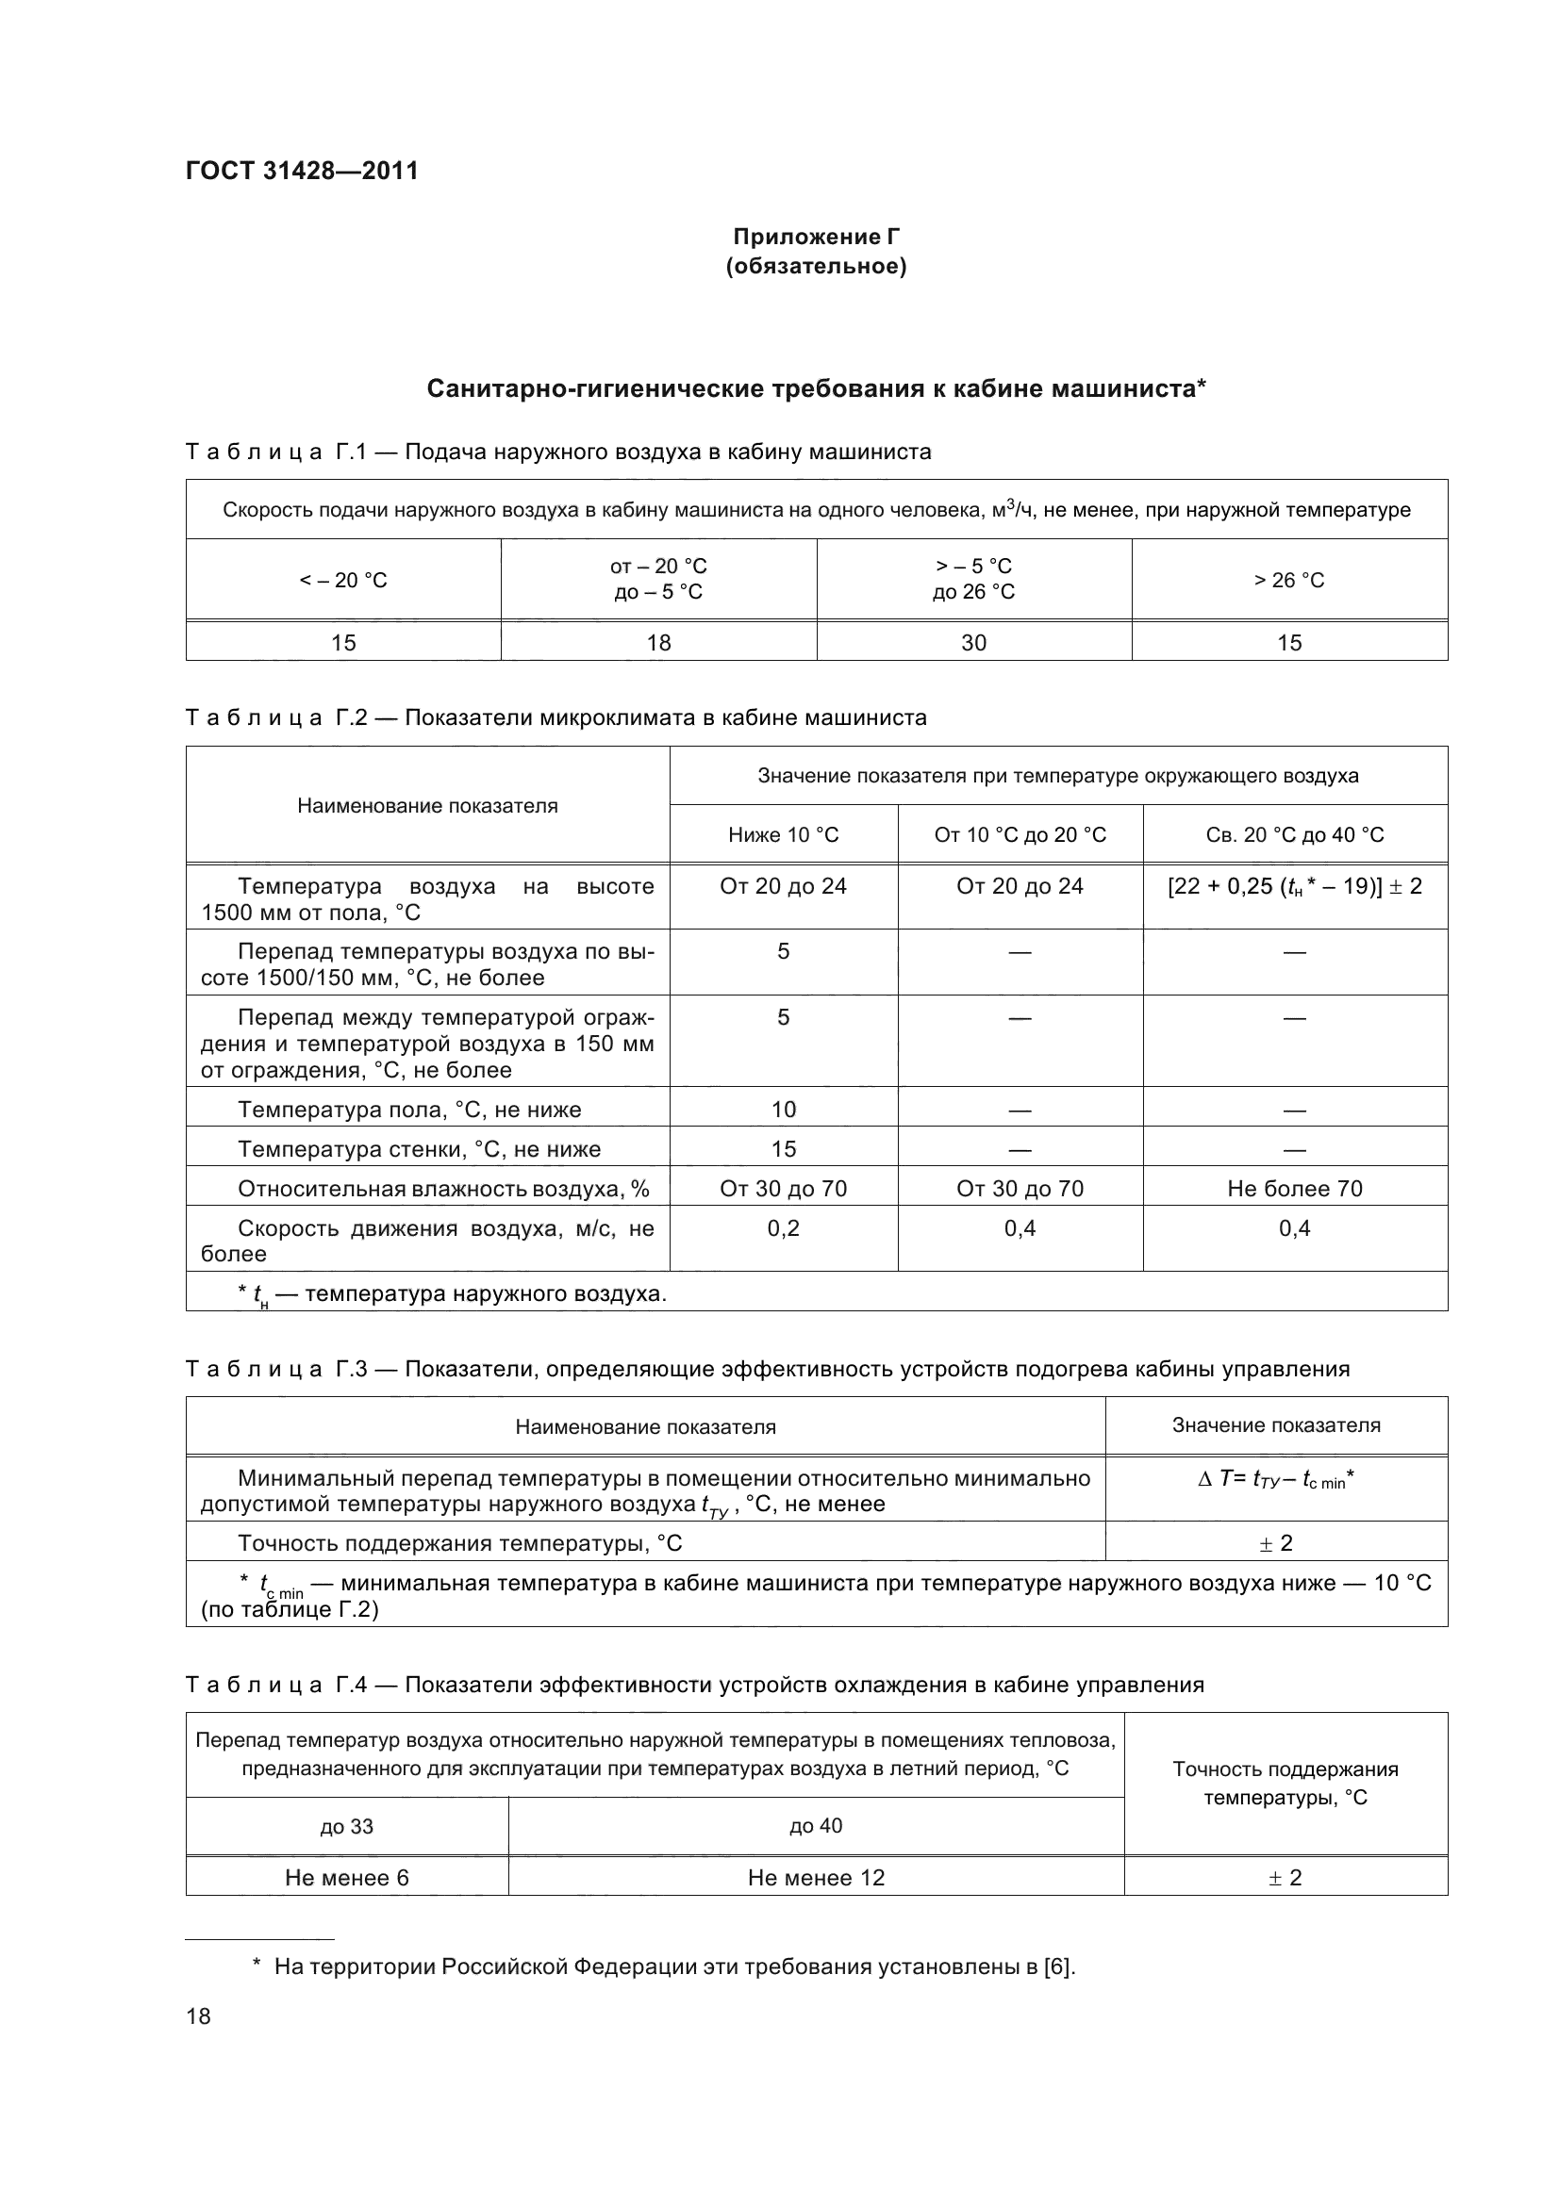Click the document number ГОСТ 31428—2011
(x=302, y=171)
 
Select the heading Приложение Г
(x=816, y=237)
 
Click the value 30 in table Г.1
(x=973, y=643)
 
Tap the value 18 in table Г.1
(x=658, y=643)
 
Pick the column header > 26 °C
(x=1288, y=580)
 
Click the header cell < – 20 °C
(x=343, y=580)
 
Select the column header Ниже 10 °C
(x=783, y=834)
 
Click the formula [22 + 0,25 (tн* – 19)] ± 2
(x=1294, y=886)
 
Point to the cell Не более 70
(x=1294, y=1188)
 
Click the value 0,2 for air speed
(x=783, y=1228)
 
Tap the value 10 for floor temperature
(x=783, y=1110)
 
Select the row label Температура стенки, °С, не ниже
(x=419, y=1148)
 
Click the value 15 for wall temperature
(x=783, y=1148)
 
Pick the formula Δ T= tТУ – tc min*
(x=1276, y=1480)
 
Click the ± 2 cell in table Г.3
(x=1276, y=1543)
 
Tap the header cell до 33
(x=346, y=1826)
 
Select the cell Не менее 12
(x=816, y=1878)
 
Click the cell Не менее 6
(x=346, y=1878)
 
